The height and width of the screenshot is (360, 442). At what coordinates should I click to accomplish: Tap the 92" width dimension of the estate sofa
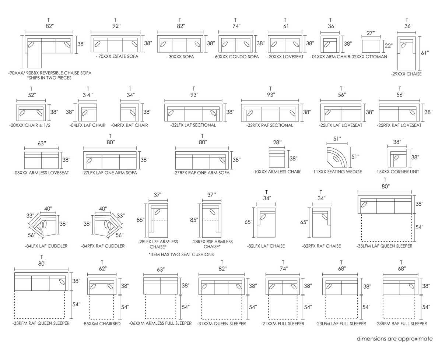point(116,26)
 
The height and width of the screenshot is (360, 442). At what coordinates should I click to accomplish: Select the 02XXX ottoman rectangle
point(371,46)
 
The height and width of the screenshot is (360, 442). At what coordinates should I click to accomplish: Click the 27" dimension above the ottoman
point(371,33)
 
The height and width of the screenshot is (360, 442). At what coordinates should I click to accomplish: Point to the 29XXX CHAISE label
point(406,74)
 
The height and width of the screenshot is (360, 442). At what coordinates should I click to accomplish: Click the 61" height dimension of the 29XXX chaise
point(425,53)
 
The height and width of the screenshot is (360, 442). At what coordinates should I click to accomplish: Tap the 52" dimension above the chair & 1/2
point(32,95)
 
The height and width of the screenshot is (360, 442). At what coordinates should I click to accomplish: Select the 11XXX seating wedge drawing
point(337,157)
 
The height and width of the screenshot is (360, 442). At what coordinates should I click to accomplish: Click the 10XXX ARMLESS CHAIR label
point(276,172)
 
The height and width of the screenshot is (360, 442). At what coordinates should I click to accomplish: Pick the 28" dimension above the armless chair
point(277,142)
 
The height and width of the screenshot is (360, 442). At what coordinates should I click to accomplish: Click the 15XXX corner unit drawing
point(397,158)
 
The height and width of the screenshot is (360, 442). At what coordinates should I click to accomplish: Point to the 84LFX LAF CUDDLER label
point(46,246)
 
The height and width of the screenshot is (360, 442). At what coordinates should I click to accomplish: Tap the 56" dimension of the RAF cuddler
point(120,235)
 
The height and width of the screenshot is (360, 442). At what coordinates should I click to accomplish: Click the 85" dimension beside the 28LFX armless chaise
point(140,220)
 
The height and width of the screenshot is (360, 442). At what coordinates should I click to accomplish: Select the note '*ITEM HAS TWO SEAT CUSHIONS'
point(181,254)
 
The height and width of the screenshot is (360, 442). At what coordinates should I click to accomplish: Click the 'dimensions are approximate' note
point(395,339)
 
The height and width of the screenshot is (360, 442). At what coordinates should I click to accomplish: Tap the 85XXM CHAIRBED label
point(101,324)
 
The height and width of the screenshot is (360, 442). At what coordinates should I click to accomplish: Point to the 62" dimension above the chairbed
point(103,269)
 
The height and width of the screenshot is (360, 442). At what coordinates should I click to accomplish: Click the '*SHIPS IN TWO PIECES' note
point(49,78)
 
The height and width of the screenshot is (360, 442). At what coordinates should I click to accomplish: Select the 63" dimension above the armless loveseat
point(42,144)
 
